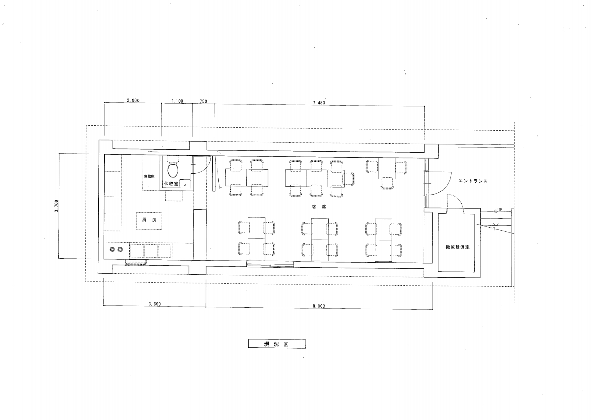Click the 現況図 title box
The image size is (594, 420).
[277, 344]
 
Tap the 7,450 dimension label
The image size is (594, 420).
[319, 103]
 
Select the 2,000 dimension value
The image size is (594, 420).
[133, 100]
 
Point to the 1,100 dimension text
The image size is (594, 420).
[177, 101]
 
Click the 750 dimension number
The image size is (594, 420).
[203, 101]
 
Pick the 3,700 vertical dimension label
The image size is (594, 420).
[56, 206]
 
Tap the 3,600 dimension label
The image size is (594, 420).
[155, 304]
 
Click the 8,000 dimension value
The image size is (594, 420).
[319, 306]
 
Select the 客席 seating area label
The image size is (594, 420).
[319, 207]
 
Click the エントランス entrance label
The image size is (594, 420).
[473, 181]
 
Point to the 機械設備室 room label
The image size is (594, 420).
[458, 247]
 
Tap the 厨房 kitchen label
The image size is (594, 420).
[149, 220]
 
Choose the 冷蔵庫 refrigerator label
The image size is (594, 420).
[149, 176]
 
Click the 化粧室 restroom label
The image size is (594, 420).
[171, 183]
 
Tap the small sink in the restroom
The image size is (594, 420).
[185, 183]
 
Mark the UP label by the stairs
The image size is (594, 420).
[499, 210]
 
